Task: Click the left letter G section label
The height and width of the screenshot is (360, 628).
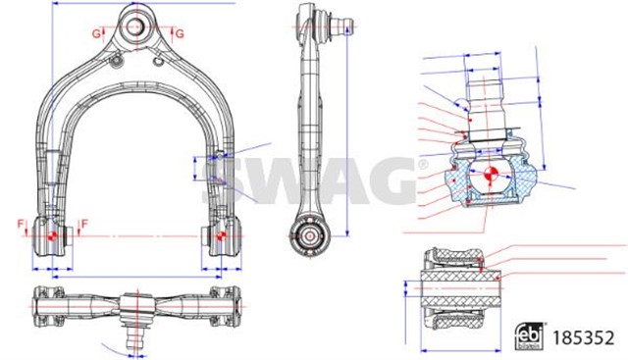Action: click(x=96, y=34)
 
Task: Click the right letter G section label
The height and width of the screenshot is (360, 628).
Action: click(x=180, y=34)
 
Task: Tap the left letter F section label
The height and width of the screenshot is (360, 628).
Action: click(x=21, y=225)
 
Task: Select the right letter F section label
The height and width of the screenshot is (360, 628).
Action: click(x=84, y=225)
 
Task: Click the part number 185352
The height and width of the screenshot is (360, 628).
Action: click(x=583, y=337)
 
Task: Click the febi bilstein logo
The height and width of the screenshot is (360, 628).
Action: click(x=529, y=334)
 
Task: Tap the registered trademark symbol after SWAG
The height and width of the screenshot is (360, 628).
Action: click(x=423, y=165)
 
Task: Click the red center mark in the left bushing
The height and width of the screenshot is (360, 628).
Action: click(x=51, y=235)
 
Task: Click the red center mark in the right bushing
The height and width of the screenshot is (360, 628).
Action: click(x=220, y=235)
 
